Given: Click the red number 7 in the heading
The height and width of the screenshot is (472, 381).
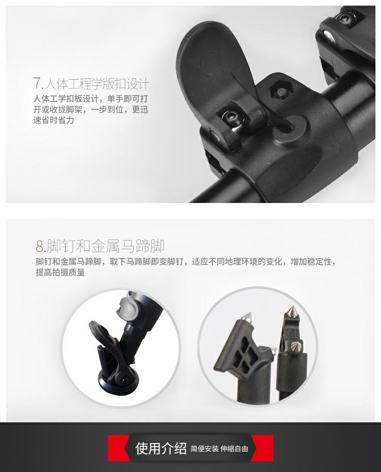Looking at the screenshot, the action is click(38, 83).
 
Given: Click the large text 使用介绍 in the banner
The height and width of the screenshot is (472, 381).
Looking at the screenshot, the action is click(161, 448).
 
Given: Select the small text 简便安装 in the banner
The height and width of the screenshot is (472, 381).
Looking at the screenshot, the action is click(204, 449).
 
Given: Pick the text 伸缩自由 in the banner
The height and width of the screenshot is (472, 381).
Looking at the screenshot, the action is click(234, 449).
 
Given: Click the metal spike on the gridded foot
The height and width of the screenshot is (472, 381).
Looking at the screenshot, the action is click(247, 317).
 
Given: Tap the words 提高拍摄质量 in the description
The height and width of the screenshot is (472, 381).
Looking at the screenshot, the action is click(60, 273).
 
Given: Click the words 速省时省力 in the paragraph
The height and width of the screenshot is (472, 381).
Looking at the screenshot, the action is click(54, 120).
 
